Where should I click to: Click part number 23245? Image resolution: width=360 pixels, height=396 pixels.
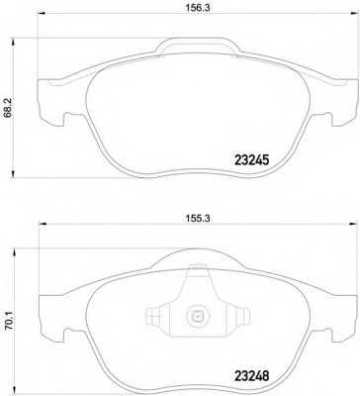252,160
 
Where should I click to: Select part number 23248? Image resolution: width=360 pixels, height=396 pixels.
252,375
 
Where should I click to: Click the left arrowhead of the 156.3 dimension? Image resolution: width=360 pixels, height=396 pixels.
42,14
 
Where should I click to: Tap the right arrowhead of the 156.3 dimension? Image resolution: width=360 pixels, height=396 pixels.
354,14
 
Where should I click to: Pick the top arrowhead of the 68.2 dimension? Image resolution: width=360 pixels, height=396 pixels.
13,42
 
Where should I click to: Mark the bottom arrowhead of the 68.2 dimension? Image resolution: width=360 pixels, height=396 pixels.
13,174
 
